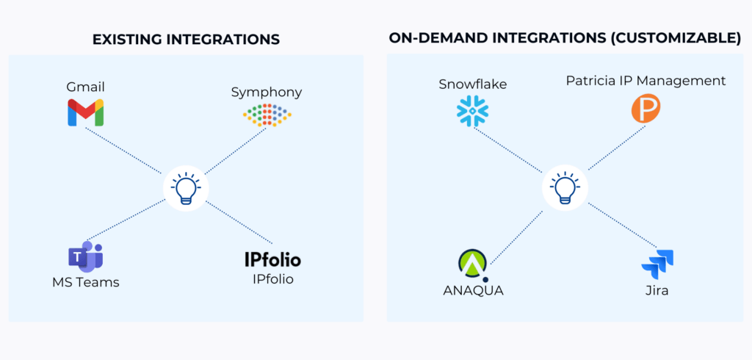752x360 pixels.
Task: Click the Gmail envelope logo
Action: pos(85,112)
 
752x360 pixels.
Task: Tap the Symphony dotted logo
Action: pos(267,114)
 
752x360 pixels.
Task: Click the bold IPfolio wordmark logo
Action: pos(272,259)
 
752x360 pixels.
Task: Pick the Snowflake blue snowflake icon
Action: pos(472,110)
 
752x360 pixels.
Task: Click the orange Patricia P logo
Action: pos(646,108)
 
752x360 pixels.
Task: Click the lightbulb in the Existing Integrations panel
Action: pos(185,187)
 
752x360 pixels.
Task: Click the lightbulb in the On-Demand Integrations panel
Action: pos(564,187)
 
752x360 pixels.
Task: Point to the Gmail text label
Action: pos(85,87)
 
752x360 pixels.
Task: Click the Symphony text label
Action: pos(267,92)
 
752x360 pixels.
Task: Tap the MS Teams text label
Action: pos(85,282)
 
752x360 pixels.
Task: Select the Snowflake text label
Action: pos(472,84)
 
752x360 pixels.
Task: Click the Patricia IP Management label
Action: pos(646,81)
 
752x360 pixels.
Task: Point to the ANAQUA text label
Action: pos(473,290)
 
